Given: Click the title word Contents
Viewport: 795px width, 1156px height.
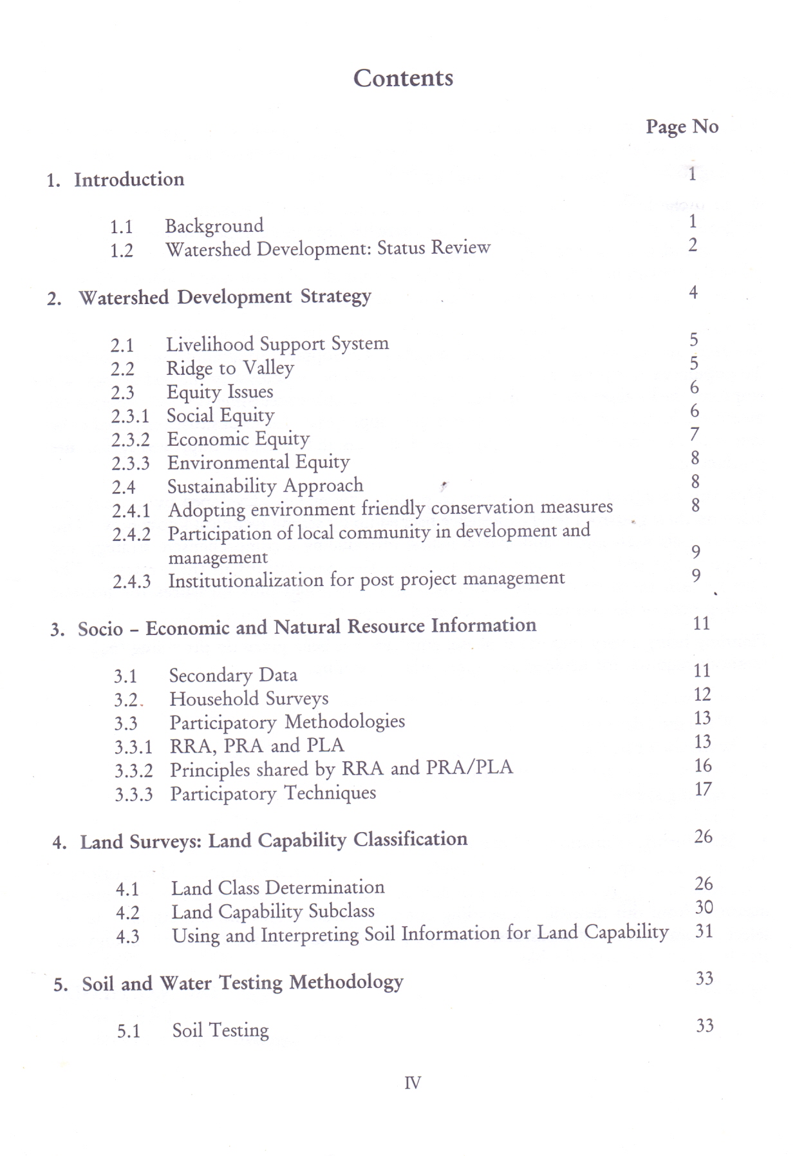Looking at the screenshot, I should point(403,78).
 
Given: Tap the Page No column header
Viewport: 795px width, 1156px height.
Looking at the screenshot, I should point(682,126).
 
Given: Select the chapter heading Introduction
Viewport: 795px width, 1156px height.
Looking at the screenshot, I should point(129,179).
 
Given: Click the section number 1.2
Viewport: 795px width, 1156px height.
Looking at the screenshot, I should point(121,250).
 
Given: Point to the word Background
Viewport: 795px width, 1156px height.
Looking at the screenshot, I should point(214,225).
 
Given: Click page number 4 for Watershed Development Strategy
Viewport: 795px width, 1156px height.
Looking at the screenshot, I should point(693,292).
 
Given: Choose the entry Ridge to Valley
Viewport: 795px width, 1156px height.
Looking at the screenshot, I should point(230,368).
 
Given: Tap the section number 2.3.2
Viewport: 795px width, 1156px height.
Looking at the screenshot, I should point(130,440).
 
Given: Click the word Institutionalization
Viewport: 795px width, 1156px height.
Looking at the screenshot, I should point(245,580).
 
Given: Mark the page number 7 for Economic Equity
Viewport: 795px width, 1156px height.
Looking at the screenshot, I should point(694,435).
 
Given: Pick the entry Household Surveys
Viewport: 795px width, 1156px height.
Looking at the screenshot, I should point(248,699).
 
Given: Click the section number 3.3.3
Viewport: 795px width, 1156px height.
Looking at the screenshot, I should point(133,795).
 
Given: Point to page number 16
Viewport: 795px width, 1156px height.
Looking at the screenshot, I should point(703,765).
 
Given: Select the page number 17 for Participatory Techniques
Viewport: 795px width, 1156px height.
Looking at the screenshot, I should point(703,789).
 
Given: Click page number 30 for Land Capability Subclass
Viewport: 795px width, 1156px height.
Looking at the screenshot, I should point(704,907).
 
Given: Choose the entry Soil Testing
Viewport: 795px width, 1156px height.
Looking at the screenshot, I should point(220,1030).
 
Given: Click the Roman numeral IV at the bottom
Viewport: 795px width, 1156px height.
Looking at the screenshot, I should point(412,1083).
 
